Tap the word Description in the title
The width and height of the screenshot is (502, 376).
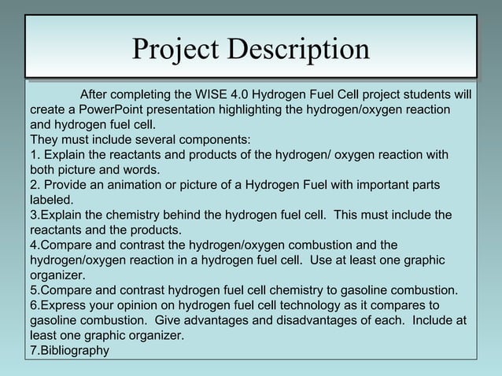[x=299, y=50]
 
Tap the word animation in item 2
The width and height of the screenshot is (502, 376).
[x=124, y=185]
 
